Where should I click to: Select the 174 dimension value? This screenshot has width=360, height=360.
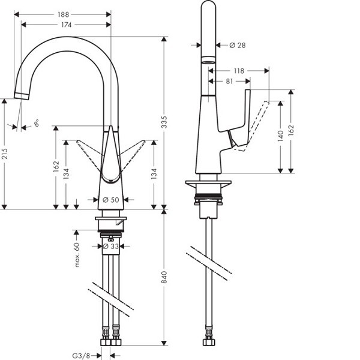[x=66, y=25]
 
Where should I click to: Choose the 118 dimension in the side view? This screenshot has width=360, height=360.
[x=238, y=71]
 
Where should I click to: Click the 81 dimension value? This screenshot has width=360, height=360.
[x=230, y=82]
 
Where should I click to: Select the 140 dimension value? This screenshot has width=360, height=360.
[x=280, y=136]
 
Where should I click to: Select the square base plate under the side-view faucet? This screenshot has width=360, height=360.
[x=208, y=183]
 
